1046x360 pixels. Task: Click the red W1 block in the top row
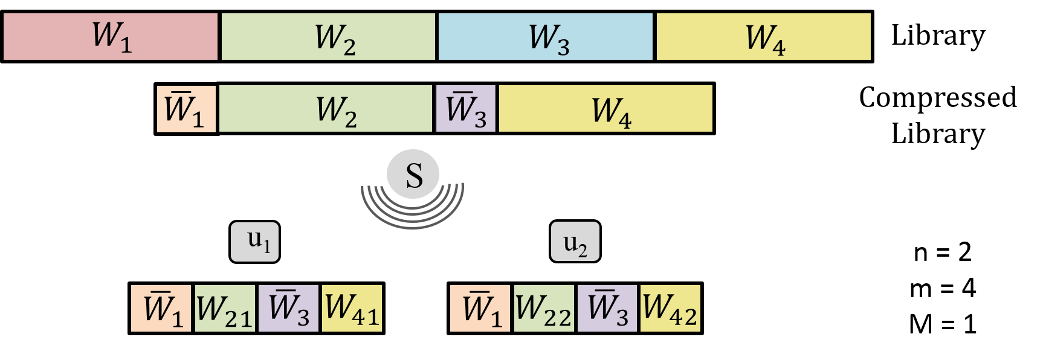[x=111, y=37]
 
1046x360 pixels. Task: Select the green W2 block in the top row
[x=328, y=37]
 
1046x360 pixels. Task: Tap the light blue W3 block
[x=546, y=37]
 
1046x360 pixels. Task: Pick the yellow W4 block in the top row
[x=763, y=37]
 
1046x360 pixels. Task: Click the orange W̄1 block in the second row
[x=186, y=109]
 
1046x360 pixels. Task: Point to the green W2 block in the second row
[x=326, y=109]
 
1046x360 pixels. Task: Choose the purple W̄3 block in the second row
[x=466, y=109]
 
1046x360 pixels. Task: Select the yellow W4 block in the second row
[x=605, y=109]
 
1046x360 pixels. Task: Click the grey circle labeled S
[x=413, y=174]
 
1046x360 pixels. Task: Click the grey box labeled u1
[x=254, y=242]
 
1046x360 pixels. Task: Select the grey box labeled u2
[x=575, y=242]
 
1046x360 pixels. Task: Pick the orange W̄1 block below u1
[x=161, y=308]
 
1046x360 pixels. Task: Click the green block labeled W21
[x=225, y=308]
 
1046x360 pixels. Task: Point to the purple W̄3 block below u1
[x=288, y=308]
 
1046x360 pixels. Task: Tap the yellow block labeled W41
[x=352, y=308]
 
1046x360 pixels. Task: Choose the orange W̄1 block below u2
[x=480, y=308]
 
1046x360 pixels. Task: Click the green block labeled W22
[x=544, y=308]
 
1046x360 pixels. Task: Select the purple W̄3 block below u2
[x=607, y=308]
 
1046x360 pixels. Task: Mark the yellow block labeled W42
[x=670, y=308]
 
